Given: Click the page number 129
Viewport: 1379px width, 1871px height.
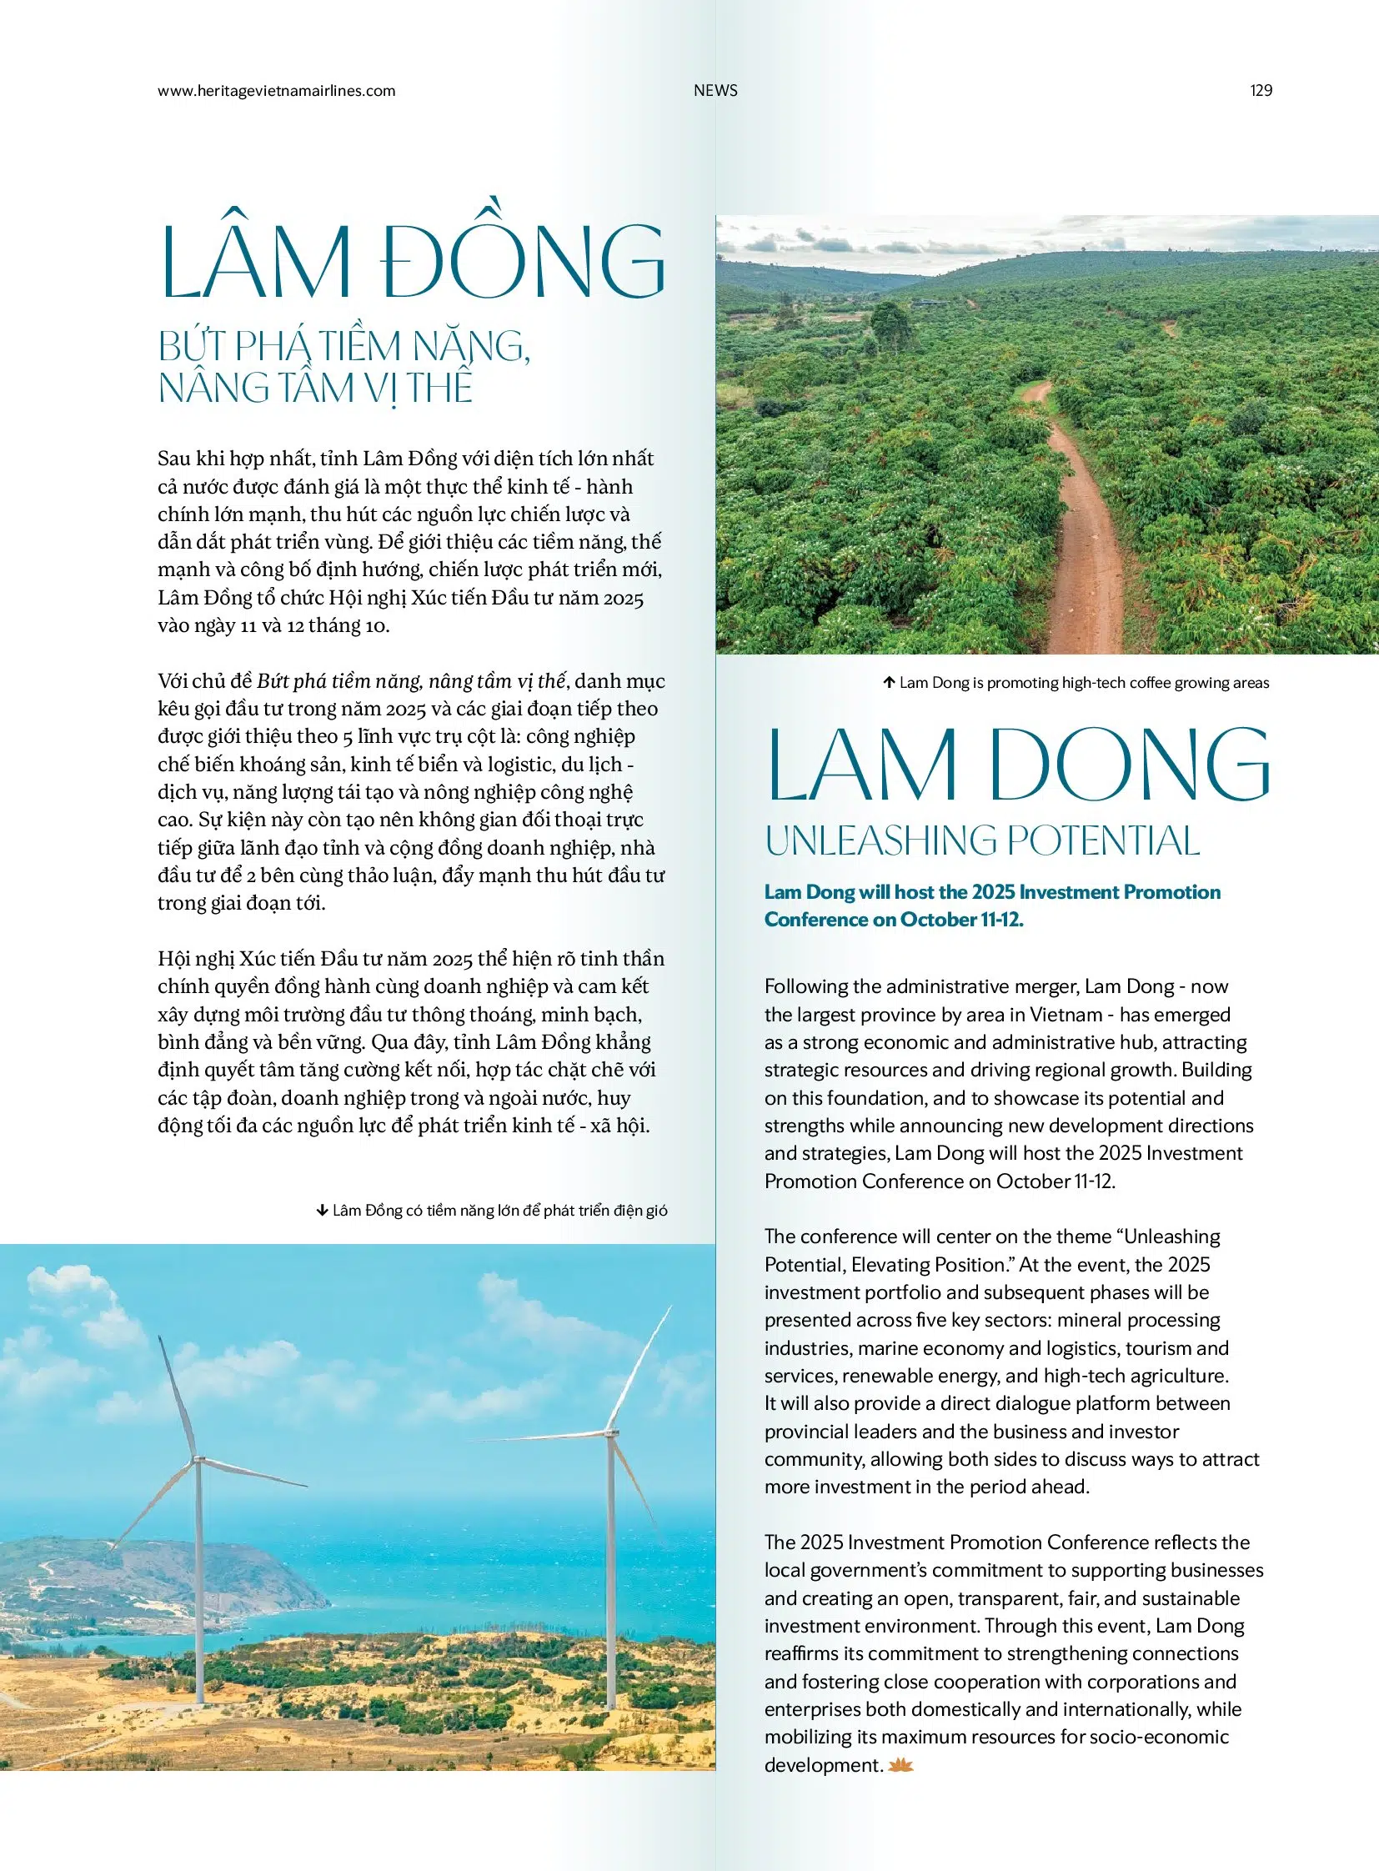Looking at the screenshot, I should point(1261,91).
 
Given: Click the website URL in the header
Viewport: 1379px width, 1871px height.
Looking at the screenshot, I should point(276,91).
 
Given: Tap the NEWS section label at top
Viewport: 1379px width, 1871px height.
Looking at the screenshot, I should point(715,91).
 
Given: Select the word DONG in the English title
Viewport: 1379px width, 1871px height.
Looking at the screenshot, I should point(1130,765).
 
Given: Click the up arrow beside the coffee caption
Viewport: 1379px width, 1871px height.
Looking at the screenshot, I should point(889,683).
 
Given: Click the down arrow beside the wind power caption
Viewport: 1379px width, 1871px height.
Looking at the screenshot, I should point(322,1211).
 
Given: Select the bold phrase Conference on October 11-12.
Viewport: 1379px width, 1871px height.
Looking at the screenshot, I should point(893,919).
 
